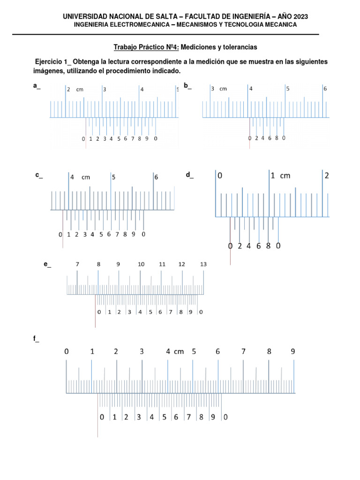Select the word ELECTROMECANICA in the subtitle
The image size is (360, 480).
coord(138,24)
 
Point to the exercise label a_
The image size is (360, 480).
coord(37,85)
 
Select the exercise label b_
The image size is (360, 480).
coord(187,85)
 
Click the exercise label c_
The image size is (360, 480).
coord(39,175)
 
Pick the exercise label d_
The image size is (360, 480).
coord(190,175)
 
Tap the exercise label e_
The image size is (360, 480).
coord(47,265)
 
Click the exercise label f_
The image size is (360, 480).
coord(37,340)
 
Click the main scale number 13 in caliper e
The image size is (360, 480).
coord(203,264)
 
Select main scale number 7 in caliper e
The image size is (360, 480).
coord(77,264)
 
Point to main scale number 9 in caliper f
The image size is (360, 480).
coord(293,351)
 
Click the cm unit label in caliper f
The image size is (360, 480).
coord(179,351)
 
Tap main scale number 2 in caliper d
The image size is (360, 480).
coord(327,176)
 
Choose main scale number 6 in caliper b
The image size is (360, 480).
coord(325,89)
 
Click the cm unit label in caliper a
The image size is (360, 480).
coord(80,89)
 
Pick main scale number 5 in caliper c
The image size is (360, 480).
coord(113,177)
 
